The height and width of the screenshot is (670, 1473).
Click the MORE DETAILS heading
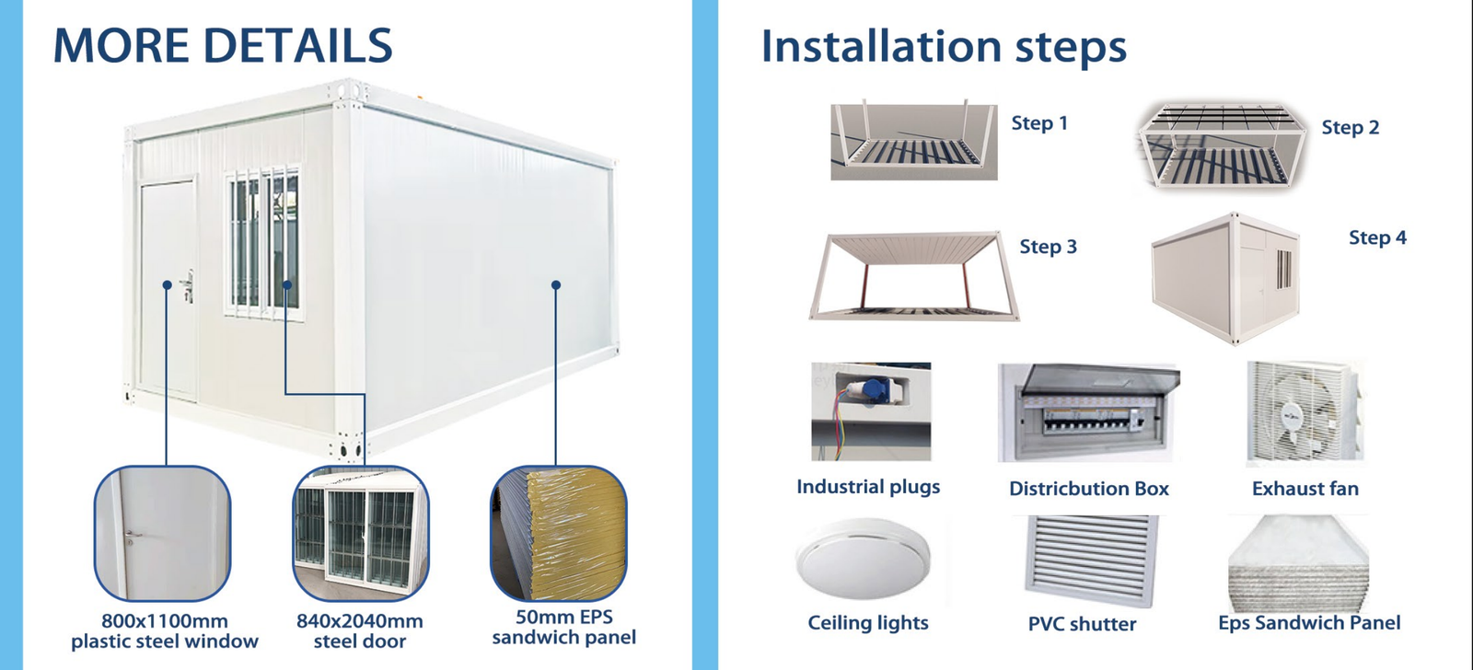point(222,45)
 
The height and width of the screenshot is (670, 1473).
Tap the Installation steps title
point(944,47)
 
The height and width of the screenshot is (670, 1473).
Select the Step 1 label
point(1039,123)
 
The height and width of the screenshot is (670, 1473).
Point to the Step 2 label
point(1350,128)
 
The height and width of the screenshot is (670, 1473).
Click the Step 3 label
point(1049,247)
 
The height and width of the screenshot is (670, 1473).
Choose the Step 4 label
point(1377,237)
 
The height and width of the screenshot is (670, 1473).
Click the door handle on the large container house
point(188,286)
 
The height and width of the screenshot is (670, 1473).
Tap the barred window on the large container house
point(263,243)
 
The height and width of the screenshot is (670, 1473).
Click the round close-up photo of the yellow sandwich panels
point(558,533)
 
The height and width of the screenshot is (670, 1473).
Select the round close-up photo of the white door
point(162,533)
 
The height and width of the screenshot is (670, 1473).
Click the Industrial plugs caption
point(868,487)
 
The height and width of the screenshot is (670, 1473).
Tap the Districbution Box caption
point(1089,489)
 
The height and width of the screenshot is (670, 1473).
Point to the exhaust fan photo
point(1305,412)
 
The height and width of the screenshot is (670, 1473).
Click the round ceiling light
point(863,559)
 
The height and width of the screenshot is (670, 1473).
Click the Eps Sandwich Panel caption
point(1309,623)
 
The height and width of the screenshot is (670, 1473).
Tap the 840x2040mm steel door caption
point(360,631)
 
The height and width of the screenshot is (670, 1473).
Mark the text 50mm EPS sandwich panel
point(564,628)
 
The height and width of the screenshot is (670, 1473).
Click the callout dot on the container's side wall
point(556,284)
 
